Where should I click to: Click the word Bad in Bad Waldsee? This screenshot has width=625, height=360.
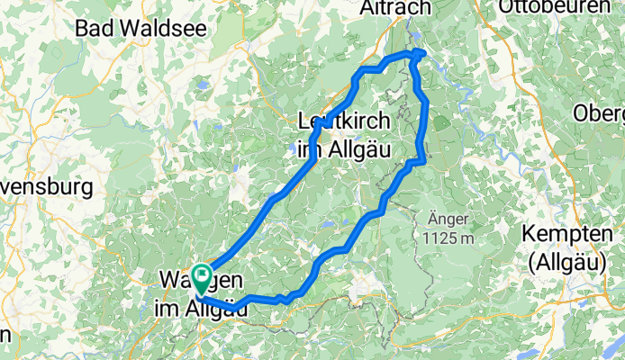[94, 28]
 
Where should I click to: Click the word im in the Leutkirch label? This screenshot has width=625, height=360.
[309, 149]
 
